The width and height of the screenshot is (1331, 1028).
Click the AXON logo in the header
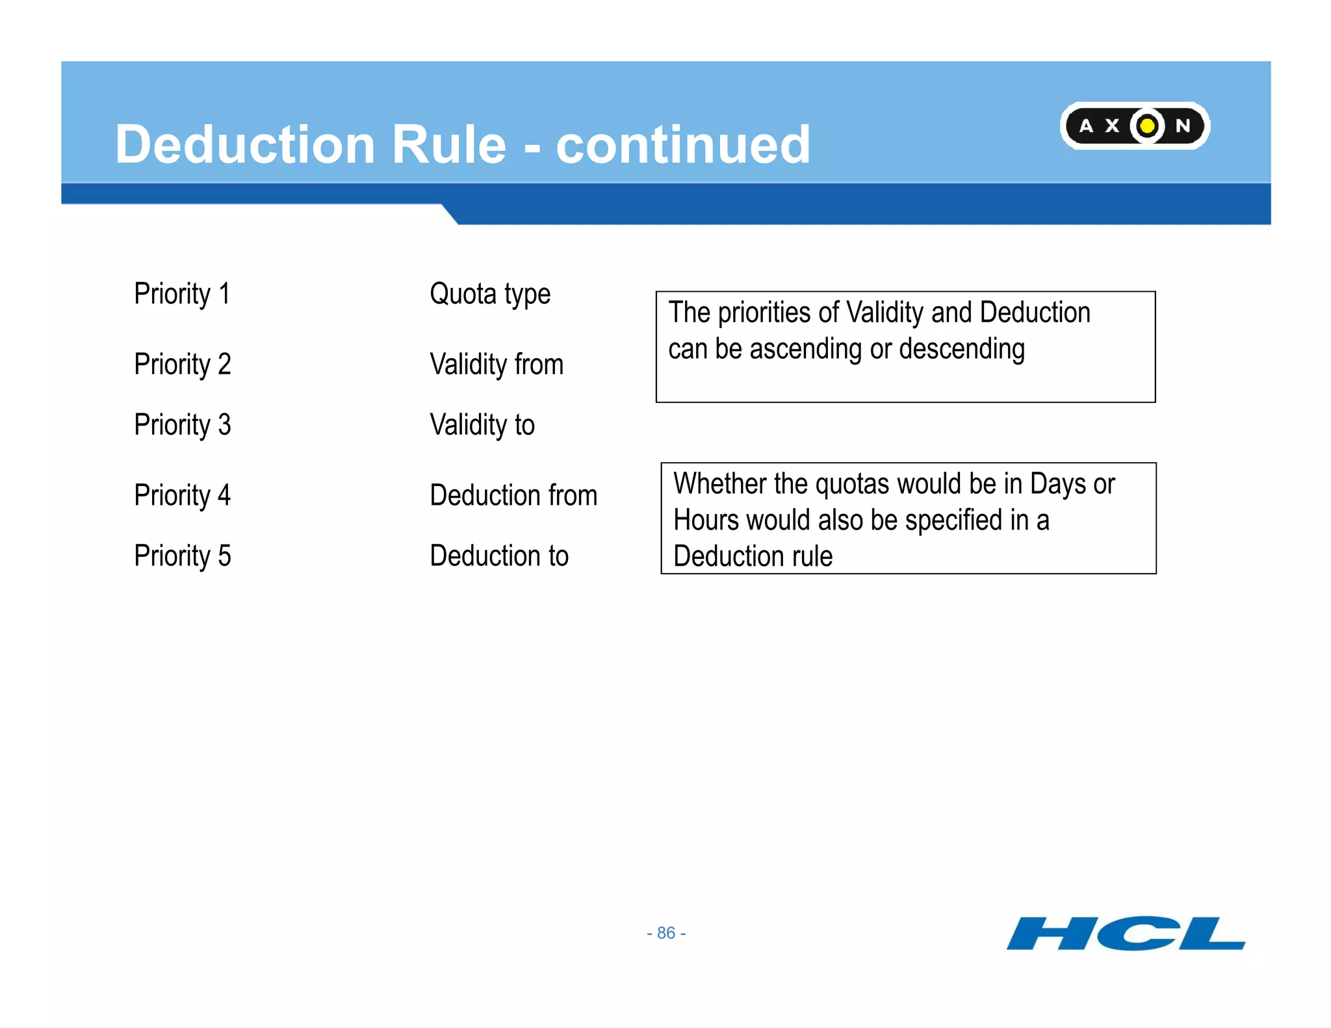(x=1134, y=125)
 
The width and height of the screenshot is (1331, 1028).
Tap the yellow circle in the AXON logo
(x=1148, y=125)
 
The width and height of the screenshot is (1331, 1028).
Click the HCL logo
(x=1126, y=933)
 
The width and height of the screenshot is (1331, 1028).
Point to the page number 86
(x=666, y=933)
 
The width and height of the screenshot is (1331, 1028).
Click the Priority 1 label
(x=182, y=294)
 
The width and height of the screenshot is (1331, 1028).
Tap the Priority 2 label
(x=183, y=364)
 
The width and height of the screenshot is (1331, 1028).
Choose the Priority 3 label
(x=183, y=425)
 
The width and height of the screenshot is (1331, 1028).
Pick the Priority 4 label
(x=183, y=495)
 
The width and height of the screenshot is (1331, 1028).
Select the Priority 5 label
(x=183, y=556)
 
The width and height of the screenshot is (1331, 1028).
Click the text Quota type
(x=490, y=294)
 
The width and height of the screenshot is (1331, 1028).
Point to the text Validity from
(x=497, y=364)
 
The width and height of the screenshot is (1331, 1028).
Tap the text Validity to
(x=482, y=425)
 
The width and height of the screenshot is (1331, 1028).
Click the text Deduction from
(x=513, y=495)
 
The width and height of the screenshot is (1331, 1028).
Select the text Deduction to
(x=499, y=556)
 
